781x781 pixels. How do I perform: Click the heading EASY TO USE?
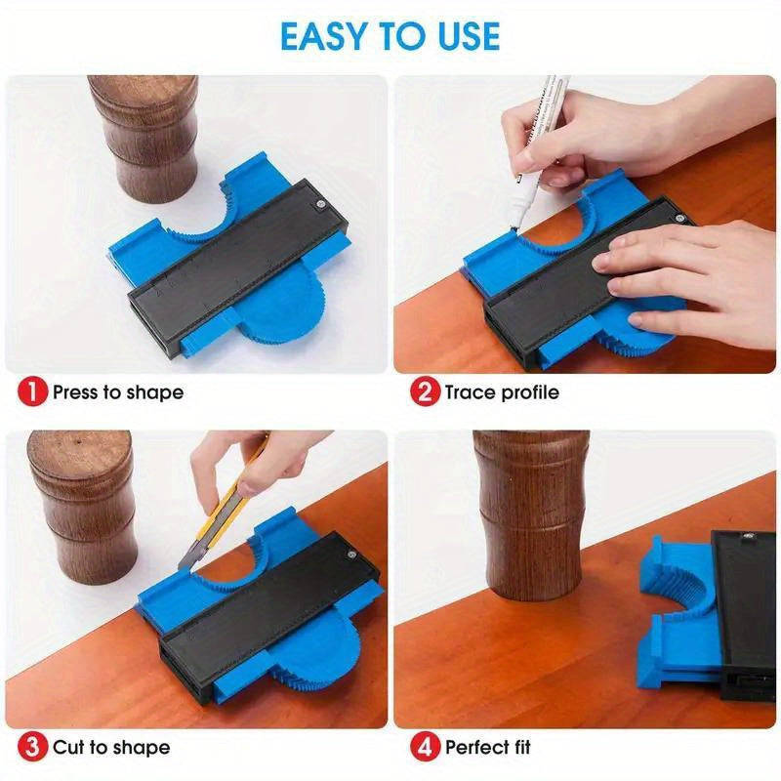pyautogui.click(x=390, y=36)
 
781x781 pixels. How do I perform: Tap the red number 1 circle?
pyautogui.click(x=32, y=392)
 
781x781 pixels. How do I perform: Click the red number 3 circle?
pyautogui.click(x=32, y=748)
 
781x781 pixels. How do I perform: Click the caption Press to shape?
pyautogui.click(x=117, y=392)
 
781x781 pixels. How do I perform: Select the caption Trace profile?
pyautogui.click(x=502, y=392)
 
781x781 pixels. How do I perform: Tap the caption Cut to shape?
pyautogui.click(x=110, y=748)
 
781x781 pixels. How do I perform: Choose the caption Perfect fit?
pyautogui.click(x=488, y=748)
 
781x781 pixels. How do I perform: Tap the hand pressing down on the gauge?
pyautogui.click(x=683, y=273)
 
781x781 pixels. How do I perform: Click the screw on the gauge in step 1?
pyautogui.click(x=319, y=204)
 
